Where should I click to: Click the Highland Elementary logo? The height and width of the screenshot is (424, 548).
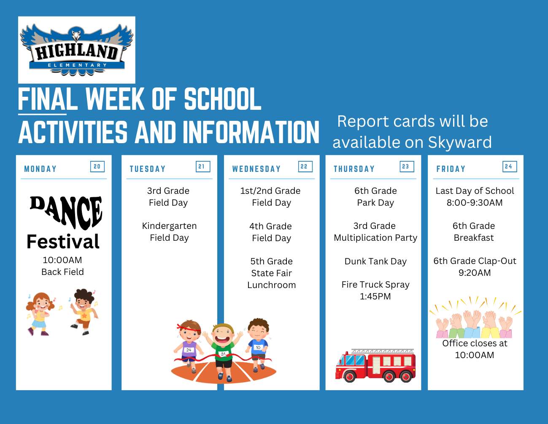pos(76,50)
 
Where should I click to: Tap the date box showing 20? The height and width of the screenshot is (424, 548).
pos(97,166)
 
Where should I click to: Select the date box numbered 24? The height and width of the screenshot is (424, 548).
pos(510,166)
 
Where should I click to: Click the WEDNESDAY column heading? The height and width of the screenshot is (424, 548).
pos(256,169)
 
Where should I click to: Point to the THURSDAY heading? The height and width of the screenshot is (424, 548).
pos(354,169)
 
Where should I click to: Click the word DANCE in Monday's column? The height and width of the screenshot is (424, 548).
pos(66,212)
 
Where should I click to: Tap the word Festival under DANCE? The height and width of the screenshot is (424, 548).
pos(63,242)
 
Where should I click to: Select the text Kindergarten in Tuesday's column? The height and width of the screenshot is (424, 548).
pos(169,226)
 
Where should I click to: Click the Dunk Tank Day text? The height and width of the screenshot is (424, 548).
pos(375,261)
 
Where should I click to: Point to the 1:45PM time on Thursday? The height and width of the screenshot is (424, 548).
pos(375,296)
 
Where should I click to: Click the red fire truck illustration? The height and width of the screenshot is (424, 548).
pos(375,365)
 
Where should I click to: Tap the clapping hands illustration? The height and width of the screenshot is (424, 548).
pos(475,318)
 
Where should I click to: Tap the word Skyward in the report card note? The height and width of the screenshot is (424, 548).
pos(460,143)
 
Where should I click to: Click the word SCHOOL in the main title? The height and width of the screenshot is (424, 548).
pos(223,99)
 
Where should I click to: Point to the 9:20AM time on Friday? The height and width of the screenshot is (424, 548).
pos(475,273)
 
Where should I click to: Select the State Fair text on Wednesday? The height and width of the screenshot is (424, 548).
pos(272,273)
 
